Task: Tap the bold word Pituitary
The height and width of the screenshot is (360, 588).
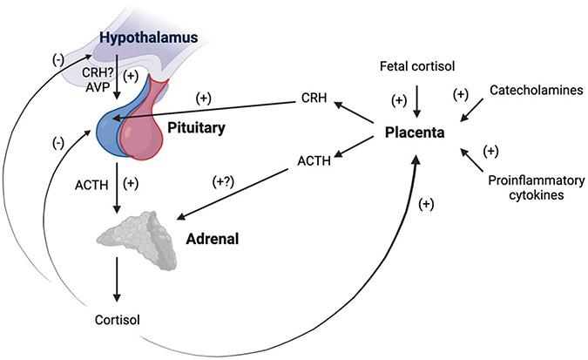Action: pyautogui.click(x=197, y=128)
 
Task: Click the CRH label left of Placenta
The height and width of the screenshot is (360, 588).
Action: pyautogui.click(x=314, y=98)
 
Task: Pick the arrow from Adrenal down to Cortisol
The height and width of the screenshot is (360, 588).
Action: pyautogui.click(x=118, y=282)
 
